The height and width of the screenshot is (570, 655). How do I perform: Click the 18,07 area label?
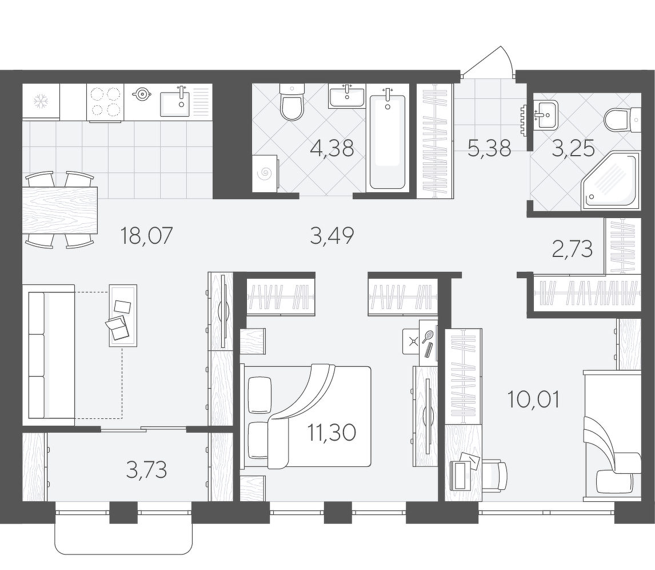(146, 236)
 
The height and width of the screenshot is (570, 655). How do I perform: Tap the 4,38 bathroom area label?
(332, 148)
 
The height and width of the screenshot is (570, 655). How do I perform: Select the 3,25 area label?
(573, 148)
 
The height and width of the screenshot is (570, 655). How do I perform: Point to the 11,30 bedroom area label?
(332, 432)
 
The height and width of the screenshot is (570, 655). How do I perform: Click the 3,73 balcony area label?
(146, 470)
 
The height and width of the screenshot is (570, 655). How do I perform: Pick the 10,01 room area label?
(533, 399)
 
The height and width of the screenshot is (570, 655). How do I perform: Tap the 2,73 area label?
(572, 249)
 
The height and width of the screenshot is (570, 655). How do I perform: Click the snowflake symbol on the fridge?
(41, 101)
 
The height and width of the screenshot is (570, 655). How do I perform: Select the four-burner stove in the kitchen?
(105, 102)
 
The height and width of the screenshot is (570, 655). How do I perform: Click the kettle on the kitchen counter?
(141, 94)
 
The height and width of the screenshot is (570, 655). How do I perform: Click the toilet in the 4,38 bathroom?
(291, 102)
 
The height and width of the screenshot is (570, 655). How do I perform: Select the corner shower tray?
(610, 181)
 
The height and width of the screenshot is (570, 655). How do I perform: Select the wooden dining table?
(60, 211)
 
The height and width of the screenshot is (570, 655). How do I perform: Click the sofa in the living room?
(49, 355)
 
